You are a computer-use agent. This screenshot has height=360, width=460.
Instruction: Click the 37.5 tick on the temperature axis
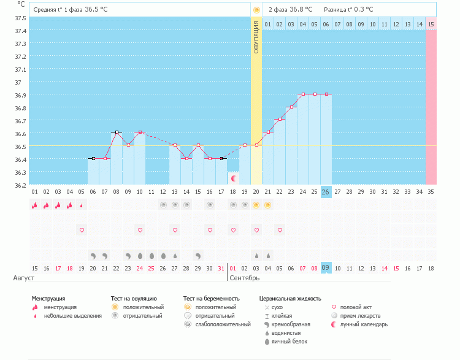[20, 18]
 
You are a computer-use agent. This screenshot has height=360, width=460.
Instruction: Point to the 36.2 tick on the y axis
[20, 185]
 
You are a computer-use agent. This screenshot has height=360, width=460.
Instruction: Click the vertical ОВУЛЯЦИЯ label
[256, 37]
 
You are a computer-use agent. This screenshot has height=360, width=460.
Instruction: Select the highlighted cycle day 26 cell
[326, 192]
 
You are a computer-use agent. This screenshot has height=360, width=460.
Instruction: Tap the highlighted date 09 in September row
[326, 268]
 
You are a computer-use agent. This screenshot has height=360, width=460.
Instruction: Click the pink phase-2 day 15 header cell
[431, 24]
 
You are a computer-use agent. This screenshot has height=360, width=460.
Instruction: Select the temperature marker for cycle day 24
[302, 94]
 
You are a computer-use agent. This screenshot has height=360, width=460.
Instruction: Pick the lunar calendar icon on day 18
[233, 178]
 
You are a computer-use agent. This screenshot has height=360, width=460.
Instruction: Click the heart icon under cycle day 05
[82, 230]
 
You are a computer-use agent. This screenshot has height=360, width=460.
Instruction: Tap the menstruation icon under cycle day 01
[35, 205]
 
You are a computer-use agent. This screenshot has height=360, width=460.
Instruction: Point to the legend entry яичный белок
[285, 341]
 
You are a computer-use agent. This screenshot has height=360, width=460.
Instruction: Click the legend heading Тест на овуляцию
[134, 298]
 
